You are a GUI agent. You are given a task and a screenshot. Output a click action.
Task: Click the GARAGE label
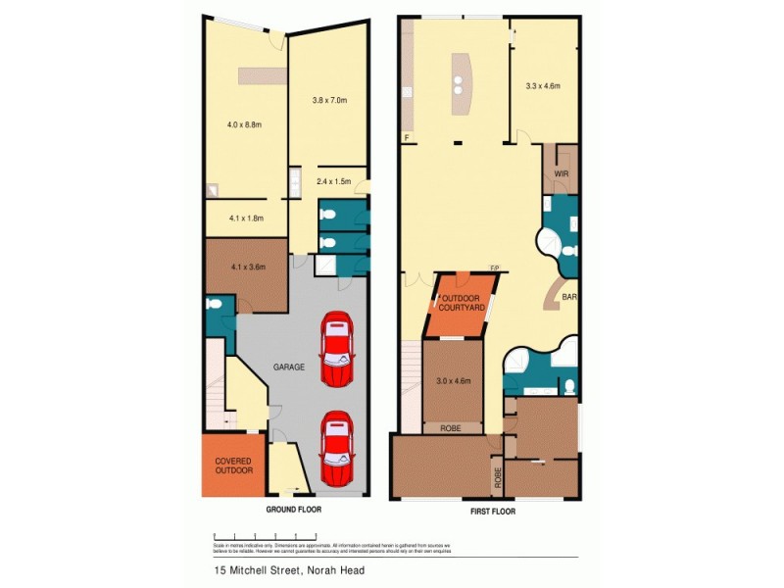[x=289, y=367]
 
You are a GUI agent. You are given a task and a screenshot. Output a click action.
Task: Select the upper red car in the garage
[x=335, y=349]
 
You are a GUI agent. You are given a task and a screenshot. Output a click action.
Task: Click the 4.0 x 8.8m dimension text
[x=243, y=124]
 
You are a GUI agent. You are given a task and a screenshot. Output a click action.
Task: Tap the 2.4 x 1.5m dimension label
[x=334, y=181]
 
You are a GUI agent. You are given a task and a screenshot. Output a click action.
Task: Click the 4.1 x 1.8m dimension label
[x=244, y=219]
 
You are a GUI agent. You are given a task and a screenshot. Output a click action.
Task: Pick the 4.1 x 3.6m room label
[x=244, y=266]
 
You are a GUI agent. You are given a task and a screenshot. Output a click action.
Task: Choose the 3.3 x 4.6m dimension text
[x=543, y=86]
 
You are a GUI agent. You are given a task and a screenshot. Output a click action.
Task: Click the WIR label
[x=562, y=173]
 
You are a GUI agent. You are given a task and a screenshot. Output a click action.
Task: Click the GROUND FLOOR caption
[x=294, y=511]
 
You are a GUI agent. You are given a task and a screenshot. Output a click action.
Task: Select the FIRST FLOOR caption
[x=488, y=511]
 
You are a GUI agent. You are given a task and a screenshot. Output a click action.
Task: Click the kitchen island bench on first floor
[x=458, y=85]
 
